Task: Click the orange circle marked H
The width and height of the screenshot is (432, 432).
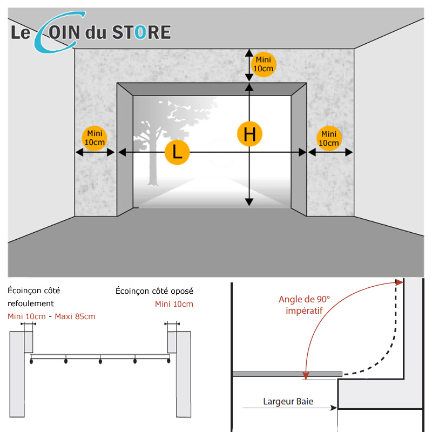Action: [x=249, y=134]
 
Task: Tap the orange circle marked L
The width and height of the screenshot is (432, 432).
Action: [x=177, y=152]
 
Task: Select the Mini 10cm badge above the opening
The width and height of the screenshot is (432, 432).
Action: [x=264, y=64]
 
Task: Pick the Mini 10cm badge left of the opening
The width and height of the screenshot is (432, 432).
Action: [x=94, y=138]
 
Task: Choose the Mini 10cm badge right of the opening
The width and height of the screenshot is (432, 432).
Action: [x=329, y=138]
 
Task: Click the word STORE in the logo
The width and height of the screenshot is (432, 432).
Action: [x=141, y=32]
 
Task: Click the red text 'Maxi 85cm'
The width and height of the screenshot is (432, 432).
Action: [x=75, y=316]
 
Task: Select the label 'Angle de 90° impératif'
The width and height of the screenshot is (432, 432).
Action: [x=304, y=305]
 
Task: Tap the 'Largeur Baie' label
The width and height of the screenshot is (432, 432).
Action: [x=288, y=401]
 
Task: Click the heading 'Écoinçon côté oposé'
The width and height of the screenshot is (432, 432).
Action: [x=154, y=291]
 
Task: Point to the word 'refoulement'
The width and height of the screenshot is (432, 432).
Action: [x=31, y=303]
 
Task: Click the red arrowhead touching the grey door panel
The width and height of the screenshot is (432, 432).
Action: [x=306, y=375]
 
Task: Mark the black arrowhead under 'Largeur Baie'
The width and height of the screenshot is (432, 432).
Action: [x=334, y=408]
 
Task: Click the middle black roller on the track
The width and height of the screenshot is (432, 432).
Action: [x=100, y=361]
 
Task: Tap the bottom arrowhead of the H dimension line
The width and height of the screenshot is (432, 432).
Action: [x=249, y=202]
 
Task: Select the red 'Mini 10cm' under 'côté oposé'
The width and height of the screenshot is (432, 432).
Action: [x=174, y=304]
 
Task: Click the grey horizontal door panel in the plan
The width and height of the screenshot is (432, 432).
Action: [x=287, y=374]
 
